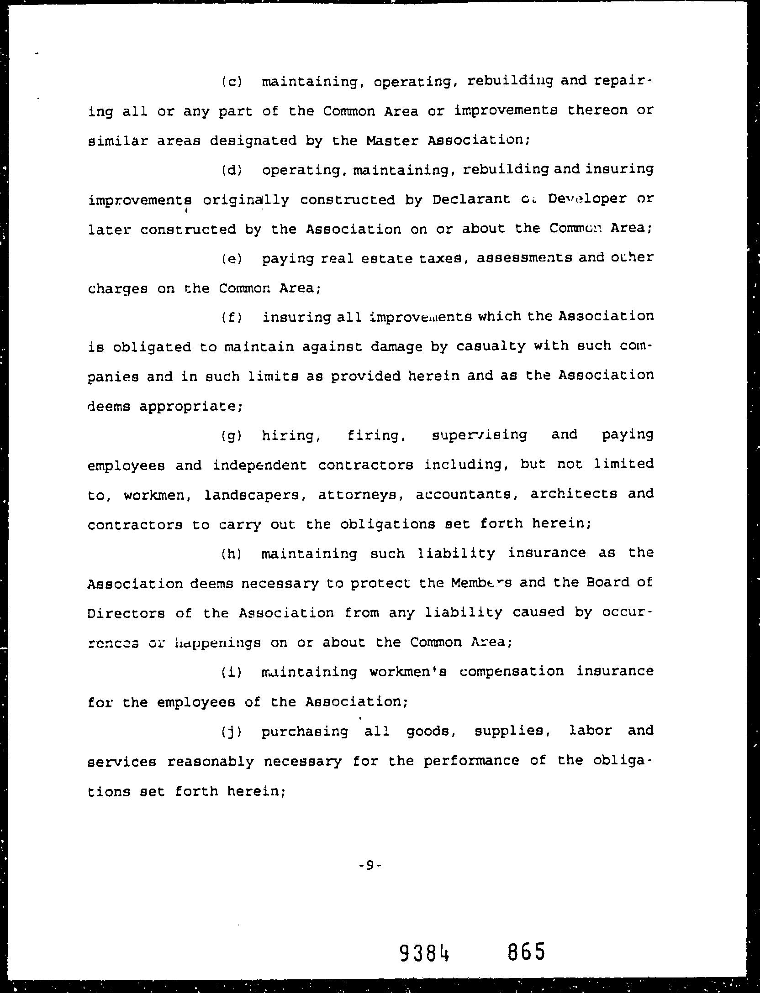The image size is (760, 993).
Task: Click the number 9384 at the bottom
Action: coord(424,953)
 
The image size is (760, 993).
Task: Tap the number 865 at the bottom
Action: coord(526,952)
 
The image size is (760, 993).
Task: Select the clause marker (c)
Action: coord(232,82)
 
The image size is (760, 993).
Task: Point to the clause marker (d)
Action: coord(232,171)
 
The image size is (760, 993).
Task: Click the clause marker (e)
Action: coord(232,259)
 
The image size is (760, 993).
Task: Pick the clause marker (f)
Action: coord(232,317)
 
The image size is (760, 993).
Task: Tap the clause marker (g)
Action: coord(232,436)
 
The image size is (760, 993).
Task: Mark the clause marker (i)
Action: coord(232,672)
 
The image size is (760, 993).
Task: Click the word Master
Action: coord(392,140)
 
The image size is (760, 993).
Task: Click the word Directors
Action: coord(126,613)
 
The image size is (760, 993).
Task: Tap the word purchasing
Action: coord(305,732)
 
